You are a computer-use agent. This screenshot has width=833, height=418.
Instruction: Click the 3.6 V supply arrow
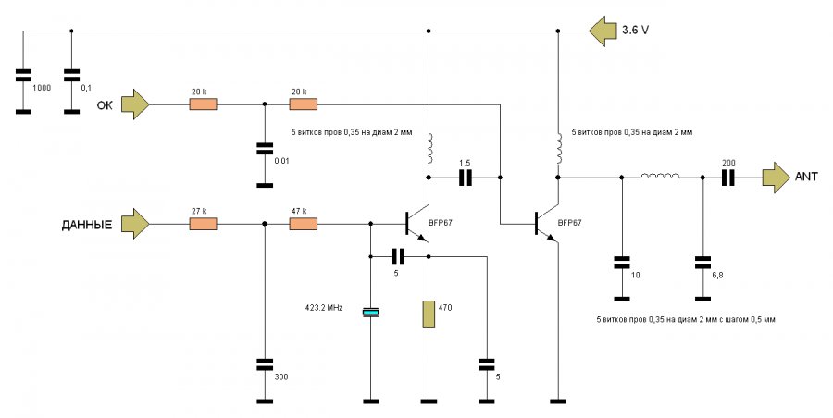click(x=603, y=31)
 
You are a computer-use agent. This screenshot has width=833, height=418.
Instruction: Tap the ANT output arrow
click(x=776, y=178)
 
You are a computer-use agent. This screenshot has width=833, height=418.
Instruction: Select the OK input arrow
click(x=135, y=104)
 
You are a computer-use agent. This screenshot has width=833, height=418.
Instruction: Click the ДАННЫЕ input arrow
click(x=135, y=224)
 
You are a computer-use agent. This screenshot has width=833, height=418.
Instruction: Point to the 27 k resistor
click(x=204, y=224)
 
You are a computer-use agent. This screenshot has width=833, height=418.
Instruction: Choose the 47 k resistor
click(x=304, y=224)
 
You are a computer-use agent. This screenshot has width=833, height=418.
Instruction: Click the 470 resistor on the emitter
click(x=429, y=313)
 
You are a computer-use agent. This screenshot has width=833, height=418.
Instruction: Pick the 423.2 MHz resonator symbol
click(x=371, y=313)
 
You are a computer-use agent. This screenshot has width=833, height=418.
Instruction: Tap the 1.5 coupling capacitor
click(x=465, y=178)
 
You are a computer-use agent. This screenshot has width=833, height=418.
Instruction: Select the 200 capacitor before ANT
click(x=727, y=178)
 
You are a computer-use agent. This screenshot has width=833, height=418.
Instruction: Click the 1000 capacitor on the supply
click(x=23, y=75)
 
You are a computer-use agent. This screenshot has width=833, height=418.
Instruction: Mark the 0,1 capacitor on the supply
click(x=71, y=75)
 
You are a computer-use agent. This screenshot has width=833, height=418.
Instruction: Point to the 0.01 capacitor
click(x=265, y=148)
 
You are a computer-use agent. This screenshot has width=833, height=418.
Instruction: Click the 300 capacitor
click(x=265, y=363)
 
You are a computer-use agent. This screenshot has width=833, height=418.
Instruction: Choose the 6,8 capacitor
click(x=702, y=262)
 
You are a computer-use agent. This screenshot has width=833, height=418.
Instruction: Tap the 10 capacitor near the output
click(x=622, y=262)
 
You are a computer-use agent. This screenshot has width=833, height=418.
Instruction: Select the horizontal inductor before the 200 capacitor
click(x=660, y=176)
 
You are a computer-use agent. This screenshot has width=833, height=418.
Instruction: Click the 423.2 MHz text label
click(x=324, y=307)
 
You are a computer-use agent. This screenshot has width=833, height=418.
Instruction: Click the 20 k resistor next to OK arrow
click(x=204, y=104)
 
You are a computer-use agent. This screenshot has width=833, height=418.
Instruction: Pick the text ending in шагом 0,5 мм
click(x=685, y=320)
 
